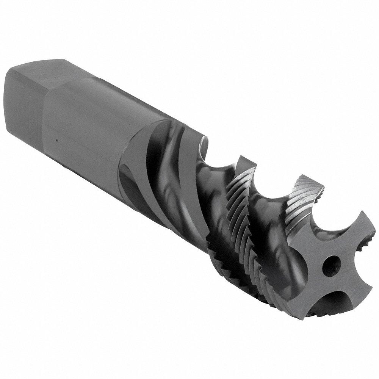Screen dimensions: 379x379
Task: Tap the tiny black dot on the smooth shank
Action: point(56,140)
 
